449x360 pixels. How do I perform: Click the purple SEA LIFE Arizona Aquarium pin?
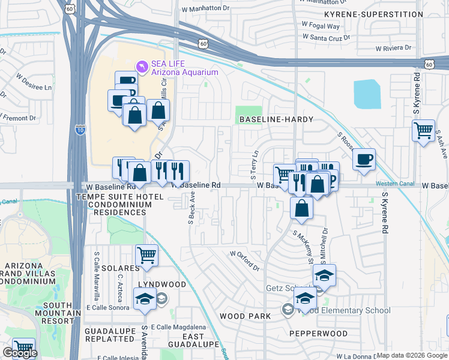click(142, 66)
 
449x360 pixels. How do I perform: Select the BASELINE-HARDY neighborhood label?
click(276, 120)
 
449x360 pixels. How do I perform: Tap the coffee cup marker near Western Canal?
click(364, 160)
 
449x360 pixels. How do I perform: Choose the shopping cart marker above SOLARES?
click(146, 256)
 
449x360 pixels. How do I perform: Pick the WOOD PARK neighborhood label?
click(243, 316)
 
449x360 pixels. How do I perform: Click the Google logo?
click(20, 353)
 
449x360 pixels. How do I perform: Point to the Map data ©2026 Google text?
click(412, 355)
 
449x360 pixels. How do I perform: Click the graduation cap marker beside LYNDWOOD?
click(145, 300)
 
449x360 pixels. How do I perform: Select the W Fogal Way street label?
click(321, 26)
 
